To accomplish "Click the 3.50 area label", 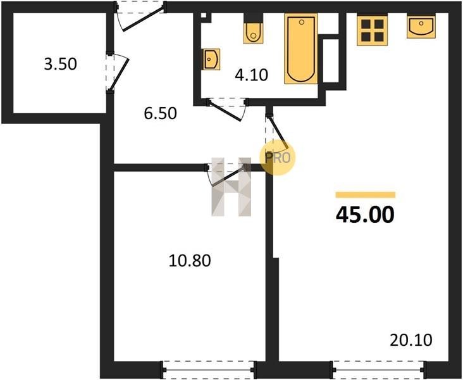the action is coord(60,64).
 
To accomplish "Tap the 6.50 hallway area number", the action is coord(160,113).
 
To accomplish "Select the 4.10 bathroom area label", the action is coord(251,75).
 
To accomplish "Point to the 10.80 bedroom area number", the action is coord(190,261).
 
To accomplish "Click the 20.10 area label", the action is coord(411,340).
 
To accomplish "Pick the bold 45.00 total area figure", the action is coord(365,215).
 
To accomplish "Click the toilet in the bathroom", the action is coord(253,32).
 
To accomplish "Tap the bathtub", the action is coord(301,49).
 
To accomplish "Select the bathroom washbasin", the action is coord(212,59).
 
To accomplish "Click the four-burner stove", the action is coord(372,31).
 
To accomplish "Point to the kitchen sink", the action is coord(421,27).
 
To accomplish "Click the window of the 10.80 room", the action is coord(208,369).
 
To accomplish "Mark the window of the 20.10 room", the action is coord(379,369).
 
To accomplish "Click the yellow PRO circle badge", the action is coord(277,158).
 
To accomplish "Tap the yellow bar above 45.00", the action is coord(366,194).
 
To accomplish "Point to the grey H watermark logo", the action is coord(231,187).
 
